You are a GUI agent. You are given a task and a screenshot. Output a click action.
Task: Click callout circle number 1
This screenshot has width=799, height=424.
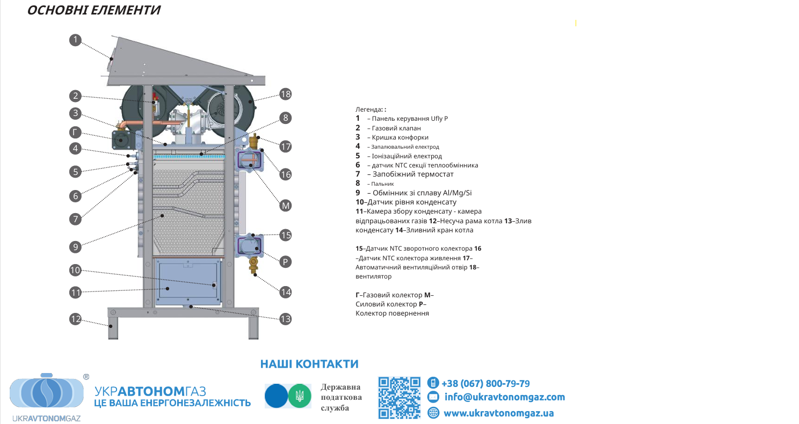click(x=75, y=40)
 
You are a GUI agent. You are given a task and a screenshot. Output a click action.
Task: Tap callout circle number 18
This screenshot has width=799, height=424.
click(x=285, y=94)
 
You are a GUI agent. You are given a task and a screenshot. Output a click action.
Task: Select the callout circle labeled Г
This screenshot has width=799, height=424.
click(x=75, y=133)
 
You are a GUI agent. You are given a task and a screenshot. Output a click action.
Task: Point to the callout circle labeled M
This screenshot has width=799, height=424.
click(x=285, y=206)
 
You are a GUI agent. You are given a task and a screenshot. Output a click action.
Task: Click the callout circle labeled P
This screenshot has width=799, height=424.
click(x=285, y=262)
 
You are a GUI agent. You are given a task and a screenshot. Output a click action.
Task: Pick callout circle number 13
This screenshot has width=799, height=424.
click(x=285, y=319)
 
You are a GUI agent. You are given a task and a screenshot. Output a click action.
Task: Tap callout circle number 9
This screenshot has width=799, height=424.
click(x=75, y=247)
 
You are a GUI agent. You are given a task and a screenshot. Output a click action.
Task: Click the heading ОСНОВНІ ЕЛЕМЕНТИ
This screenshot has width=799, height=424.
click(x=94, y=10)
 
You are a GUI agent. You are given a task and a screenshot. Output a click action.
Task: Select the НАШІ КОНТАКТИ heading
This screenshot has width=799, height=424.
click(x=309, y=364)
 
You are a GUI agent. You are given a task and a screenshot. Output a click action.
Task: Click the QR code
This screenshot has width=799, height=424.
click(x=399, y=398)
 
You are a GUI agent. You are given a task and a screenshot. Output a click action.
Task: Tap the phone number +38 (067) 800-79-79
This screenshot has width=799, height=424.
click(x=485, y=384)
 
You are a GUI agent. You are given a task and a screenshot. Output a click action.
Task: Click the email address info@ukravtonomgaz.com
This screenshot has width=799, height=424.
click(x=505, y=397)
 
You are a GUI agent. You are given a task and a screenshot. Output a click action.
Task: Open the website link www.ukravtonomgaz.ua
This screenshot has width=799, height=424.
click(x=499, y=413)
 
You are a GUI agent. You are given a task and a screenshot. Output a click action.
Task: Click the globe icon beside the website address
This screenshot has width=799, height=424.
click(x=433, y=413)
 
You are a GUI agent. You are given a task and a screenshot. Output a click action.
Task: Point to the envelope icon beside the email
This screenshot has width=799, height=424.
click(x=433, y=397)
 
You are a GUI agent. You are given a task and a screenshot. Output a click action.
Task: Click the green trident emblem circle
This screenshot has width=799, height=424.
click(x=300, y=396)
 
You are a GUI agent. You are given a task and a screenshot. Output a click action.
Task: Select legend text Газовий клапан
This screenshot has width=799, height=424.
click(x=396, y=128)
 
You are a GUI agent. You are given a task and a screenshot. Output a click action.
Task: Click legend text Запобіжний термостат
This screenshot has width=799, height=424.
click(x=413, y=174)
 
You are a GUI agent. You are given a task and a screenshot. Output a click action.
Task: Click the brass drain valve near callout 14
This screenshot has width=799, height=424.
click(x=253, y=264)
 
